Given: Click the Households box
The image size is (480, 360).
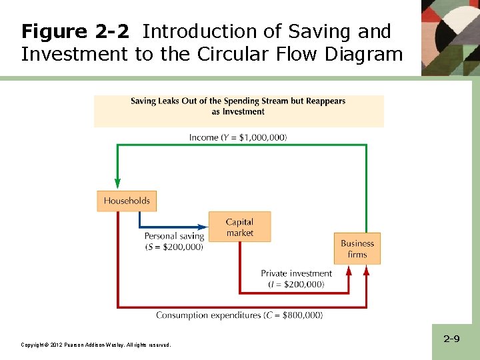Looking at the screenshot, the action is coord(127,201).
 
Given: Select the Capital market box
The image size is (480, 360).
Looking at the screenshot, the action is coord(239,227).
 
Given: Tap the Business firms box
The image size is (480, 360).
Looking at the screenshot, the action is coord(357,249).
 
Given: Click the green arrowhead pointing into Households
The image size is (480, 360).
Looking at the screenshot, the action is coord(118,183).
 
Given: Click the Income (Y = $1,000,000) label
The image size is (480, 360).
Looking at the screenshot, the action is coord(238,137).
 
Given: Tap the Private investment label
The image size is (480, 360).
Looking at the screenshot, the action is coord(296,273).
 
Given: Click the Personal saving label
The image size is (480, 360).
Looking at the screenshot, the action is coord(174,236).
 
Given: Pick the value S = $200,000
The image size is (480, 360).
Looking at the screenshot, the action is coord(174,247).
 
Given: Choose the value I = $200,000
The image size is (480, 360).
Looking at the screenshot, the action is coord(296,285).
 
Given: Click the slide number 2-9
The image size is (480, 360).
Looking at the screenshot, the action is coord(451,339).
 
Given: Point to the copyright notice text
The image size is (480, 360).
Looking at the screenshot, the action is coord(96,345).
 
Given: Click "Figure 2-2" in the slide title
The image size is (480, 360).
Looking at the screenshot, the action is coord(74,31).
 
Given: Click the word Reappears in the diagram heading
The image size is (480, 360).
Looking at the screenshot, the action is coord(325,101).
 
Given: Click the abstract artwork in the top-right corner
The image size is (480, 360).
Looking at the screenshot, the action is coord(451,37).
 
